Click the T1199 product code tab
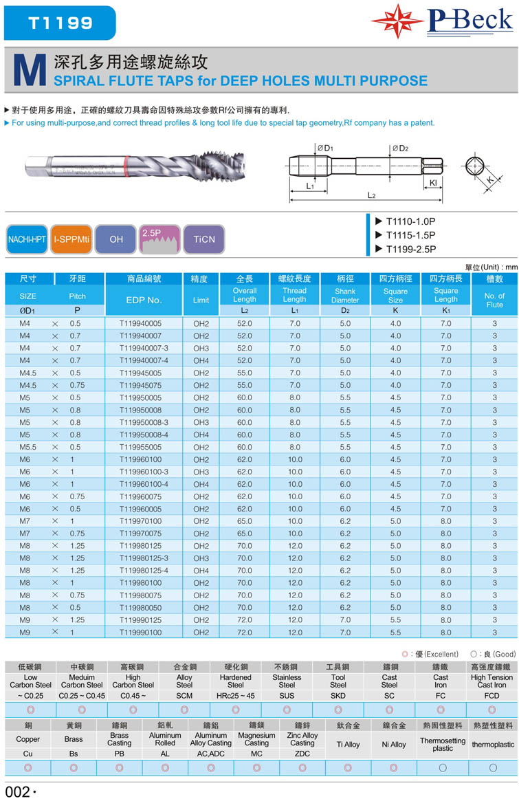click(60, 22)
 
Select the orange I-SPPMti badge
click(71, 239)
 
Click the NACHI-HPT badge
click(27, 239)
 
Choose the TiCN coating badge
click(204, 239)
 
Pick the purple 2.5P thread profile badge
click(159, 239)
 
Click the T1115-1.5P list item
click(410, 235)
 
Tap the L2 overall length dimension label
click(371, 195)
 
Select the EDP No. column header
click(144, 300)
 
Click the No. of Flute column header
click(494, 300)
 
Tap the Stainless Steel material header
click(287, 681)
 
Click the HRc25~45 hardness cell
click(236, 696)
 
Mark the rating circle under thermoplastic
click(493, 767)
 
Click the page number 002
click(18, 791)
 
